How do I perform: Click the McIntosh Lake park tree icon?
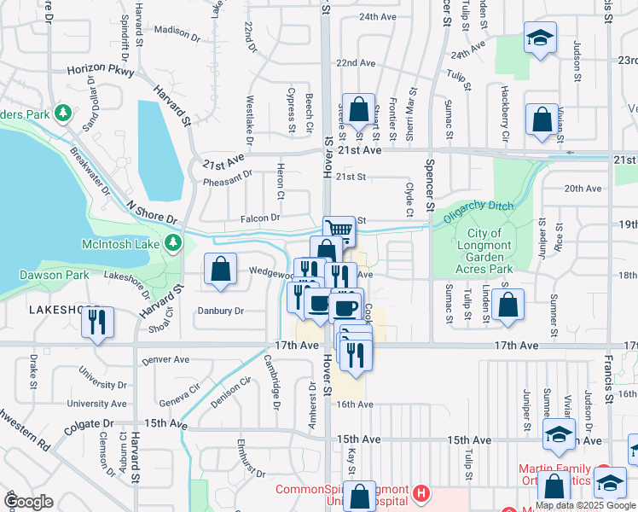pyautogui.click(x=173, y=243)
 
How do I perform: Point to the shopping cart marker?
pyautogui.click(x=339, y=229)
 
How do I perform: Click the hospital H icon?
pyautogui.click(x=420, y=492)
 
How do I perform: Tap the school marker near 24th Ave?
pyautogui.click(x=539, y=38)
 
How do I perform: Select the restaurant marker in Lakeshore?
pyautogui.click(x=97, y=322)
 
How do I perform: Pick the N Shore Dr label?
pyautogui.click(x=150, y=213)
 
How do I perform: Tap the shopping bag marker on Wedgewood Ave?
pyautogui.click(x=221, y=270)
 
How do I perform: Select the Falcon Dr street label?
pyautogui.click(x=263, y=218)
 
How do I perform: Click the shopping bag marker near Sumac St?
pyautogui.click(x=507, y=305)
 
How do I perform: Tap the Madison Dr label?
pyautogui.click(x=177, y=33)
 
